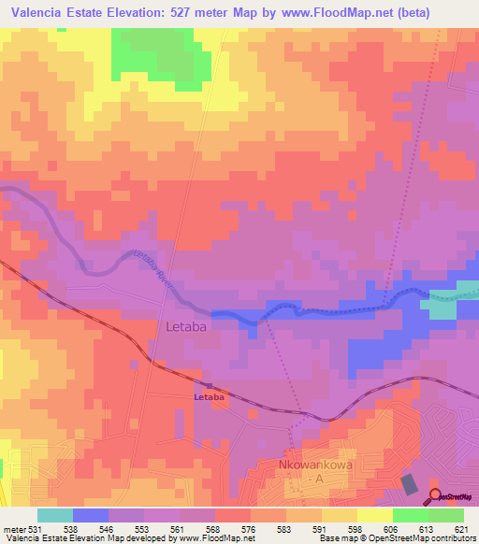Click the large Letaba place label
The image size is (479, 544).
(185, 327)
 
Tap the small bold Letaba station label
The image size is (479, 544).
(209, 397)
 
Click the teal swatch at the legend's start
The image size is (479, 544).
(55, 515)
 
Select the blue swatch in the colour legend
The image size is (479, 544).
(91, 515)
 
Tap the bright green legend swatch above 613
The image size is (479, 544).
(411, 515)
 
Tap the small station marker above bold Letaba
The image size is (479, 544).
(209, 384)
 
